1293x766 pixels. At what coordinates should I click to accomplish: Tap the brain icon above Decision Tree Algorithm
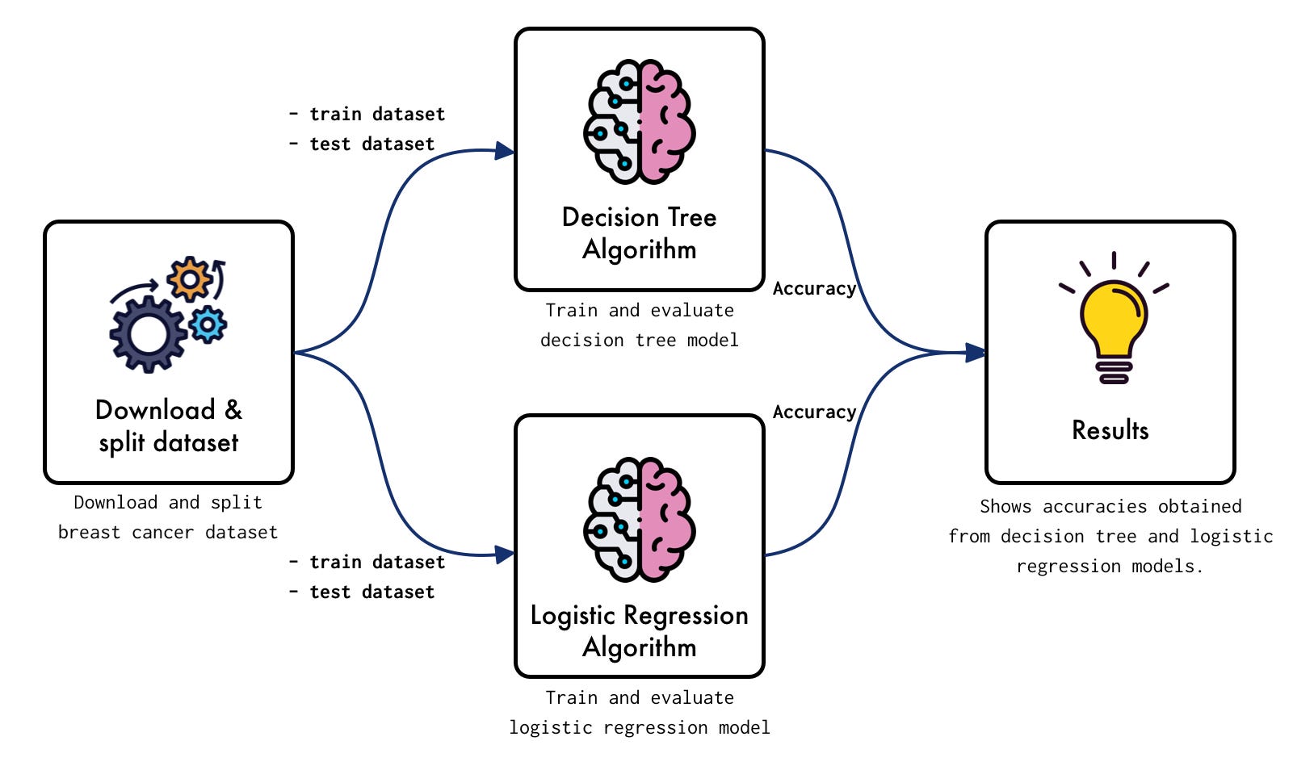(639, 121)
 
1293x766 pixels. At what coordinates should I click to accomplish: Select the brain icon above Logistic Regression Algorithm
(639, 519)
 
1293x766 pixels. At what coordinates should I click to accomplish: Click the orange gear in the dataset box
(190, 279)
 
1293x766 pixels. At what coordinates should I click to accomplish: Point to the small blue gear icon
(208, 324)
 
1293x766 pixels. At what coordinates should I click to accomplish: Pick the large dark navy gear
(148, 334)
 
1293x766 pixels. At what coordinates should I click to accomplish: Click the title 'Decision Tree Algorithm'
(639, 233)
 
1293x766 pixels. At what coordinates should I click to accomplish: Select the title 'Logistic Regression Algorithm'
(639, 631)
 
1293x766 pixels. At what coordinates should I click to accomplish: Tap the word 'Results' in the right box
(1110, 430)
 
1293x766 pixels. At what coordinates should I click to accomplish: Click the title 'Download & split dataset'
(168, 426)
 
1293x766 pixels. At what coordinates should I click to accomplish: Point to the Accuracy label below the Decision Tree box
(814, 289)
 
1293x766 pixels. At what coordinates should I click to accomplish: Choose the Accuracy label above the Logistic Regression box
(814, 412)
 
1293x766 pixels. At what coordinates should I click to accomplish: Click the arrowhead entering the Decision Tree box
(505, 151)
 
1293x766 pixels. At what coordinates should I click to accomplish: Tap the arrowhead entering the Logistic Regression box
(505, 555)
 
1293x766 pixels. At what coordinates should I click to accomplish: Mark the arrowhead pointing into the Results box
(976, 353)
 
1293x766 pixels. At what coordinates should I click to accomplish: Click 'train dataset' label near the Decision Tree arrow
(377, 115)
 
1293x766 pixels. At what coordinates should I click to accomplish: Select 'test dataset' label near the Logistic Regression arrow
(372, 592)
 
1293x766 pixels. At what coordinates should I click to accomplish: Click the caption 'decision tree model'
(639, 341)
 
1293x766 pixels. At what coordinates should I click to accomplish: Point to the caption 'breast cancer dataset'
(168, 533)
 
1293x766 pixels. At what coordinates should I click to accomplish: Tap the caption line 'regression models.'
(1110, 567)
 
